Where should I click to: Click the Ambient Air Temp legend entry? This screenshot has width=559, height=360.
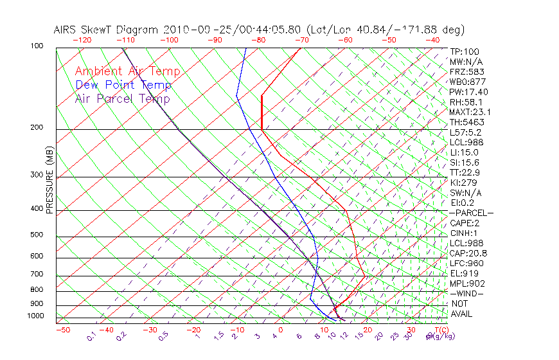point(127,71)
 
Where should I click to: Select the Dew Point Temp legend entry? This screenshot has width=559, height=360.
point(123,85)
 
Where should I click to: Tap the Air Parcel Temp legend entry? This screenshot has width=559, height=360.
point(122,98)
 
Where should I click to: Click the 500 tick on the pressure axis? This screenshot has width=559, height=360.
point(37,235)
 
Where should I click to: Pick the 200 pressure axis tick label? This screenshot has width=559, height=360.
point(37,128)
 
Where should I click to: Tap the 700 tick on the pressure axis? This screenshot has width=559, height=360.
point(37,274)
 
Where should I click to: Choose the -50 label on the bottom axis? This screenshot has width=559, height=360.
point(62,330)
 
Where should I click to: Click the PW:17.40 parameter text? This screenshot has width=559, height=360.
point(469,92)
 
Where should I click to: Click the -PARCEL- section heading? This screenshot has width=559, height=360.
point(471,213)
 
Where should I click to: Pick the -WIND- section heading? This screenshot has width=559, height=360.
point(467,293)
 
